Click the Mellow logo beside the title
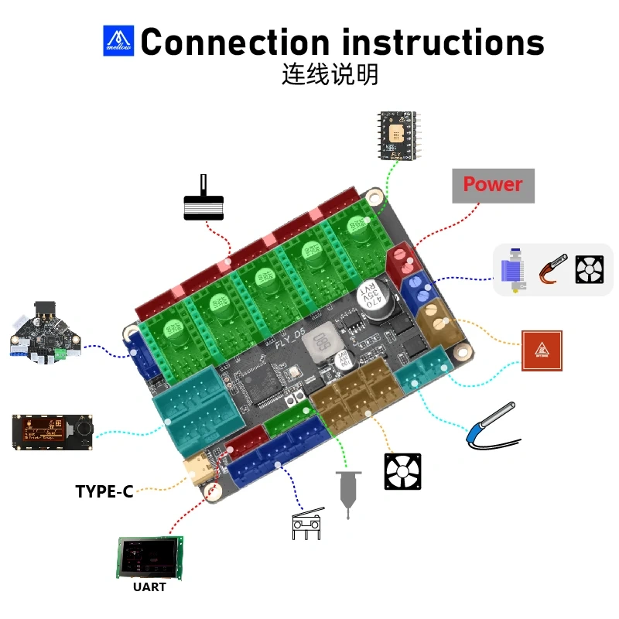coord(118,41)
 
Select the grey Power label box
coord(493,185)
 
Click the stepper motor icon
coord(203,202)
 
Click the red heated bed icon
coord(542,351)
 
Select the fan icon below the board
coord(402,471)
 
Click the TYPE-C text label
coord(104,491)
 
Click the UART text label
coord(149,587)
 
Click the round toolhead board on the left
coord(45,333)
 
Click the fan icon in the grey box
coord(589,269)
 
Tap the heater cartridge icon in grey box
coord(552,269)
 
